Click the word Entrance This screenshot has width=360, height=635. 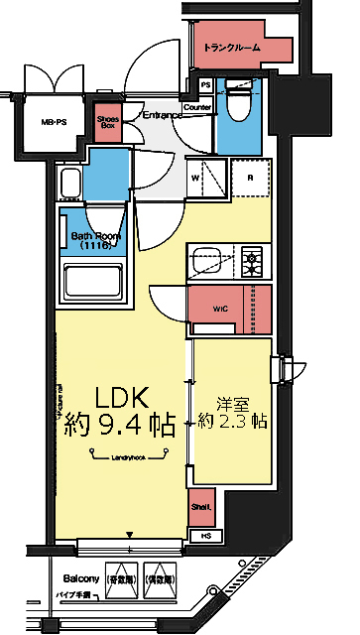click(x=160, y=116)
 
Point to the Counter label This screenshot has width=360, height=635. click(x=198, y=107)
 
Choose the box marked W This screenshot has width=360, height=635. click(x=196, y=179)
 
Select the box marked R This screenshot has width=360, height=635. click(x=249, y=179)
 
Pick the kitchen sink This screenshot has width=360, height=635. click(x=212, y=262)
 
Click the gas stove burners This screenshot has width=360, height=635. click(x=255, y=262)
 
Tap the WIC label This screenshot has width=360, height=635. click(x=219, y=309)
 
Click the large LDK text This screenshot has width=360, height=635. click(x=119, y=398)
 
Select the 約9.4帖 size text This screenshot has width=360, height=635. click(x=119, y=428)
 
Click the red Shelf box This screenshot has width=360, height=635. click(x=201, y=507)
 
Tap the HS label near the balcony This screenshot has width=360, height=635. click(x=205, y=537)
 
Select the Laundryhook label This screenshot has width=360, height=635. click(x=130, y=457)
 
